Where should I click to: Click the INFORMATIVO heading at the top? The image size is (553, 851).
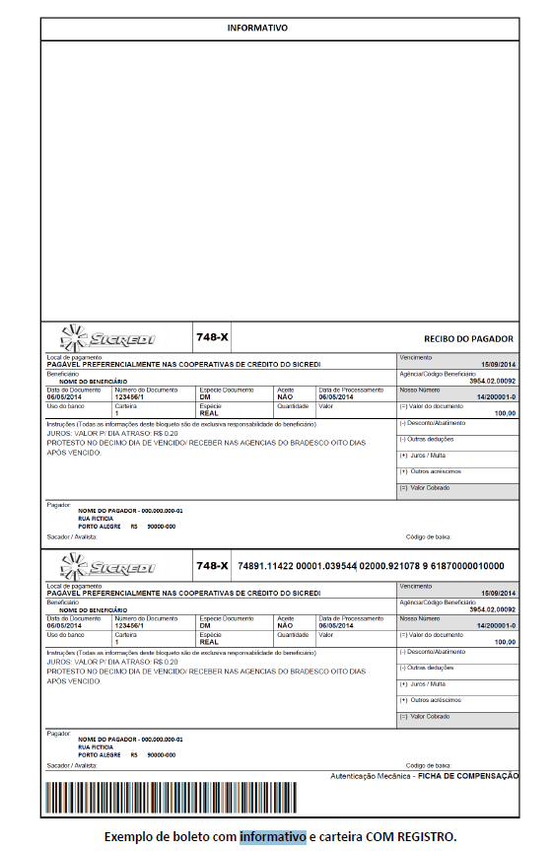coord(257,29)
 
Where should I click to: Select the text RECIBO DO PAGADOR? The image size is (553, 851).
coord(468,339)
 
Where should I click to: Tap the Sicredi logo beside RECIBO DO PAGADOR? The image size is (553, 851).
coord(108,338)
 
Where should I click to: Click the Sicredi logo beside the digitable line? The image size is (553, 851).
coord(108,566)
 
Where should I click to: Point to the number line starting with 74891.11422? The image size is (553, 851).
coord(371,566)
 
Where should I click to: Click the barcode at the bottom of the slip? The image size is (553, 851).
coord(170,797)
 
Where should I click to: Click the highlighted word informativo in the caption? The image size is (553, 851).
coord(272,836)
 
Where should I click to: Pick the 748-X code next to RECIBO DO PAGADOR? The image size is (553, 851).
coord(212,337)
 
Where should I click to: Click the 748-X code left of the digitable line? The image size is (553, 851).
coord(212,566)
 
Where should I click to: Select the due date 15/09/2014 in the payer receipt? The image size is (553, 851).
coord(498,365)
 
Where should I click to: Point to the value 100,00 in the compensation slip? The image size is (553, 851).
coord(505,642)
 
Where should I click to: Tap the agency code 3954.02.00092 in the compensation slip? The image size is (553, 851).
coord(493,609)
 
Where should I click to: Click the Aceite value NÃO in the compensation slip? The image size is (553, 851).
coord(285,625)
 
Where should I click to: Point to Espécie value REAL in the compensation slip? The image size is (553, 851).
coord(209,641)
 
